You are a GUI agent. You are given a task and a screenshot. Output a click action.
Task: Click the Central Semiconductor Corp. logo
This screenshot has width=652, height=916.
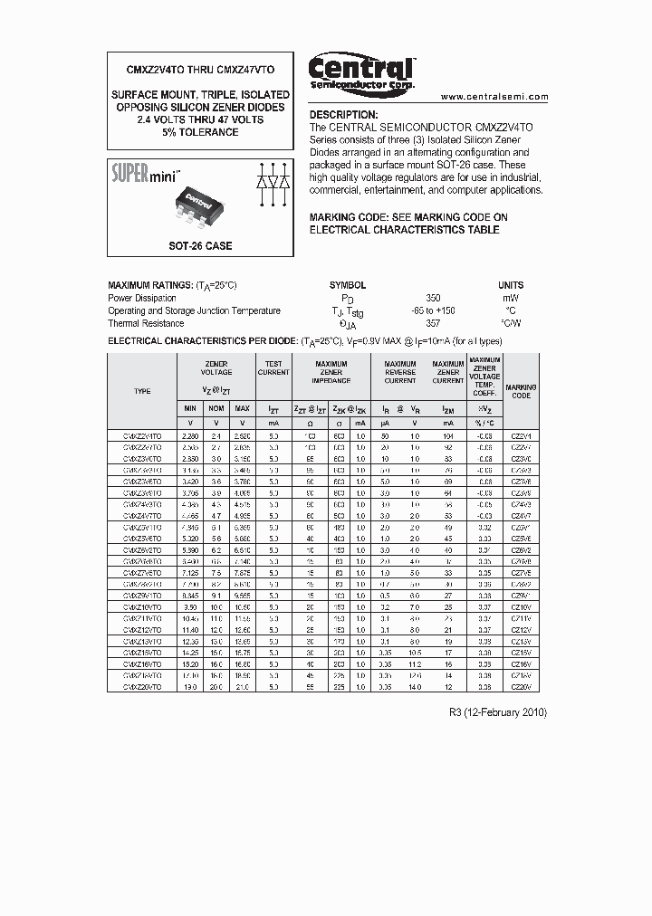[x=360, y=72]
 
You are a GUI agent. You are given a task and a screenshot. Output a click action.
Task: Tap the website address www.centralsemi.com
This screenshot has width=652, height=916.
[x=494, y=96]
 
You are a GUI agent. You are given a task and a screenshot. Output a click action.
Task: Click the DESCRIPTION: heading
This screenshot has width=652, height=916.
[x=343, y=115]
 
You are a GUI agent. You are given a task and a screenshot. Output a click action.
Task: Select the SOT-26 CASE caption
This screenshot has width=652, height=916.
[x=200, y=245]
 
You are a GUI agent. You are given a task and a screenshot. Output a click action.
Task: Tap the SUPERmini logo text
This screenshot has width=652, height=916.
[x=145, y=171]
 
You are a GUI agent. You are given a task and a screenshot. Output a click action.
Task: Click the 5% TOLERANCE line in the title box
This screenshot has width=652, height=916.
[x=200, y=132]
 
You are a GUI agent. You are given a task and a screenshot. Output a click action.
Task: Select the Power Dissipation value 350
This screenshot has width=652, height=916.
[x=434, y=298]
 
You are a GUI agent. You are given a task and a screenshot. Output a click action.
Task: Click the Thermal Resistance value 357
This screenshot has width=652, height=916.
[x=434, y=323]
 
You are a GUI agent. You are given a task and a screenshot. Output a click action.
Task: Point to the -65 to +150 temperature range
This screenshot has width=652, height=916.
[x=434, y=310]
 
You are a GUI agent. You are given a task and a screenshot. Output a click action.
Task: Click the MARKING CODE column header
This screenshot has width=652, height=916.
[x=521, y=391]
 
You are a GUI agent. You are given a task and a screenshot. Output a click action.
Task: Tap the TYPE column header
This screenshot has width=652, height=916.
[x=142, y=391]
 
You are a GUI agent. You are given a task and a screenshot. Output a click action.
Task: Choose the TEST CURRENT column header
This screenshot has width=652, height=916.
[x=273, y=367]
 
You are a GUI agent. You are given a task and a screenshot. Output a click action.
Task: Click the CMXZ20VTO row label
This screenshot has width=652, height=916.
[x=142, y=688]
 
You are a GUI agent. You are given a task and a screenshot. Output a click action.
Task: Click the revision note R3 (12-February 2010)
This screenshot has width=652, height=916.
[x=497, y=712]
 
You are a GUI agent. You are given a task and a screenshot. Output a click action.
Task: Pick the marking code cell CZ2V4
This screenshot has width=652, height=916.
[x=521, y=435]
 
